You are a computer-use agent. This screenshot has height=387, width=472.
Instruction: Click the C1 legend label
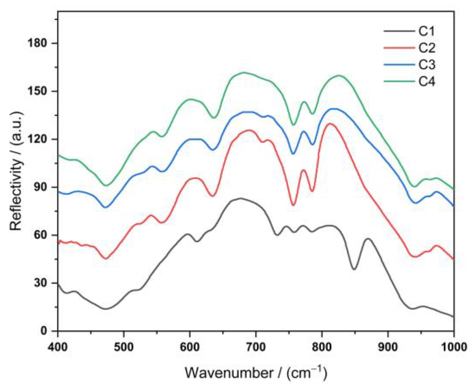click(427, 31)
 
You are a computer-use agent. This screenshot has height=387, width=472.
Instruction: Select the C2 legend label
click(427, 48)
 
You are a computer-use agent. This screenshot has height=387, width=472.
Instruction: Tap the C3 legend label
click(427, 65)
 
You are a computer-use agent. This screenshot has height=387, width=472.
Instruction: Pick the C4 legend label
click(427, 82)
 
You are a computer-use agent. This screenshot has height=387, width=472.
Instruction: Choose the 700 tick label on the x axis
click(256, 347)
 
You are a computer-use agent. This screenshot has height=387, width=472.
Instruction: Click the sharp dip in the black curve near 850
click(354, 269)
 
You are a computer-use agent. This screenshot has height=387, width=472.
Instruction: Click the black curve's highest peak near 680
click(240, 198)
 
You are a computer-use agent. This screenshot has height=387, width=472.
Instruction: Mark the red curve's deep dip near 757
click(293, 205)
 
